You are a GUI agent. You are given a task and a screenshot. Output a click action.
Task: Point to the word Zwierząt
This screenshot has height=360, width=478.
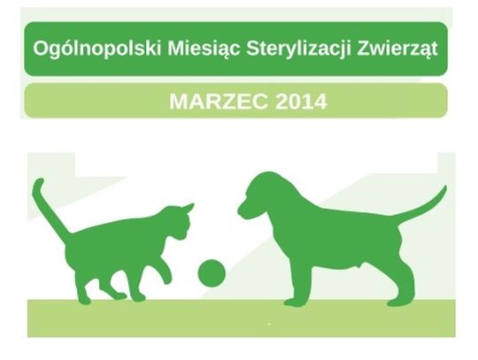[x=395, y=49]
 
